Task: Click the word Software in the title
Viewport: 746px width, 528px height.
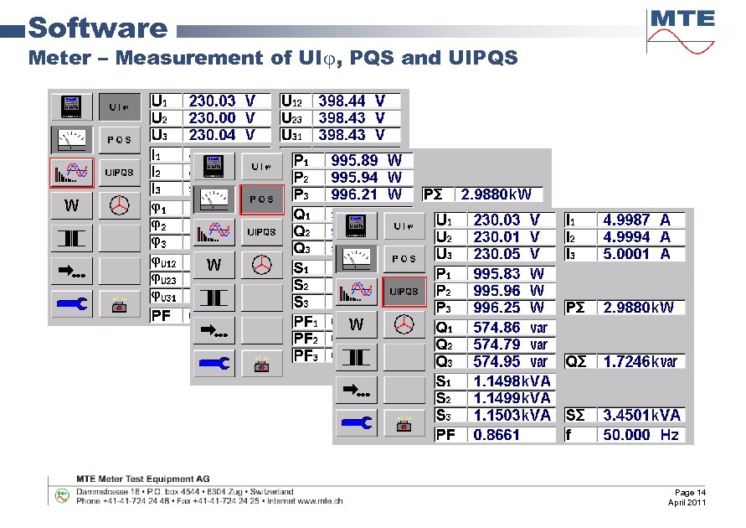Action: click(97, 28)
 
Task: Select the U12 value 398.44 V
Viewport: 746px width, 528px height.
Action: click(352, 101)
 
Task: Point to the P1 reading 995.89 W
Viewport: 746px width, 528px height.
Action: click(367, 160)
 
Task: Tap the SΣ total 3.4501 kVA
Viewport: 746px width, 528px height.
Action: click(641, 415)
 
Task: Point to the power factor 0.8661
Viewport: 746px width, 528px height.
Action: click(496, 434)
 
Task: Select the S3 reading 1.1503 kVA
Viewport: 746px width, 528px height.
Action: click(512, 415)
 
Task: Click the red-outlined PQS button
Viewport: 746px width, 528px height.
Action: click(261, 199)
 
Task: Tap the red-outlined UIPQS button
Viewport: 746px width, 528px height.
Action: click(404, 292)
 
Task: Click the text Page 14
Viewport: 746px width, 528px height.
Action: click(690, 492)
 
